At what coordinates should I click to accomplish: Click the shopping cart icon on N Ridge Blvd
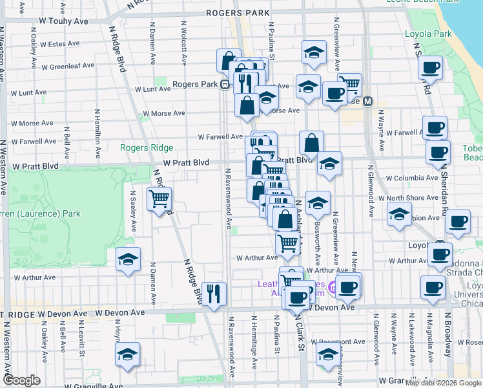pyautogui.click(x=159, y=198)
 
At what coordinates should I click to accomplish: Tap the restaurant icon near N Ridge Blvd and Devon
pyautogui.click(x=214, y=292)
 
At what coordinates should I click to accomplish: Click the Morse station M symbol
pyautogui.click(x=368, y=101)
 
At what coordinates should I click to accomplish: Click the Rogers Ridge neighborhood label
pyautogui.click(x=147, y=147)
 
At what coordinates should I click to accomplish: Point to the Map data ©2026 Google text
pyautogui.click(x=443, y=383)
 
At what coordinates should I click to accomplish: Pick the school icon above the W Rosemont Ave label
pyautogui.click(x=328, y=355)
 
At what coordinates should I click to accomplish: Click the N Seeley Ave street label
pyautogui.click(x=134, y=211)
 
